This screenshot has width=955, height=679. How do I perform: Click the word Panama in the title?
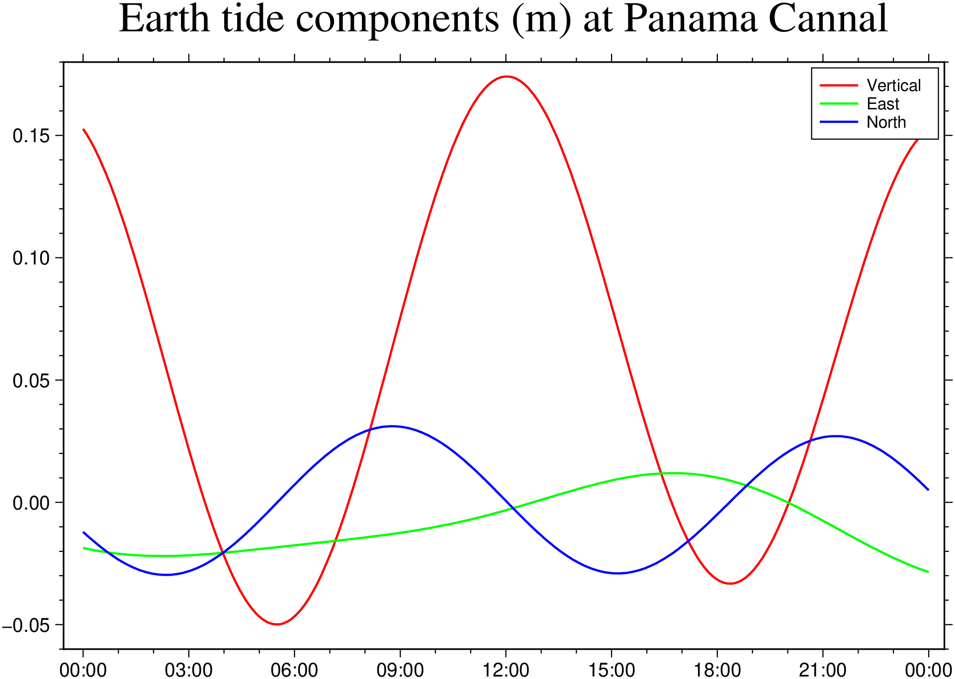(x=691, y=19)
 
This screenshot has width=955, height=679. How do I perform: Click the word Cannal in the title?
(x=828, y=19)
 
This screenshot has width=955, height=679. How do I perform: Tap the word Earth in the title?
(x=164, y=19)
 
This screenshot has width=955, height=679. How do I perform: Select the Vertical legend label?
(x=893, y=85)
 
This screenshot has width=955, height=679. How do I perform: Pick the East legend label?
(x=883, y=104)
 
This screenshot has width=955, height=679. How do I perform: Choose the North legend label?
(x=886, y=122)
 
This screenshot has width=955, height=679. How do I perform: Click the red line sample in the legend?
(x=839, y=85)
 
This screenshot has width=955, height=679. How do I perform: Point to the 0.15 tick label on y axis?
(x=31, y=136)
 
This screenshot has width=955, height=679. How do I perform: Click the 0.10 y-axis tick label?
(x=31, y=258)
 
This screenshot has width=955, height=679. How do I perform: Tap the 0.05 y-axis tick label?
(x=31, y=381)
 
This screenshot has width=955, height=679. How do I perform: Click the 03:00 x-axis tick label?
(x=188, y=670)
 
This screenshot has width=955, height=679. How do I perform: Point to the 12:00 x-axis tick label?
(x=506, y=670)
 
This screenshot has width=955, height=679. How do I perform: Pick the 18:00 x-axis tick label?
(x=717, y=670)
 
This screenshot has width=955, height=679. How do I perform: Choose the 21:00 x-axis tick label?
(x=823, y=670)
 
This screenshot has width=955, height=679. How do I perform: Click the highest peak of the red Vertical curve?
(x=506, y=77)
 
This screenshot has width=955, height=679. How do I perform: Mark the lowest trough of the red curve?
(x=277, y=624)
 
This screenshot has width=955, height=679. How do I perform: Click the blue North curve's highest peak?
(x=393, y=426)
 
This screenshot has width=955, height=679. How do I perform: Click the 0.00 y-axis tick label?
(x=31, y=503)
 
